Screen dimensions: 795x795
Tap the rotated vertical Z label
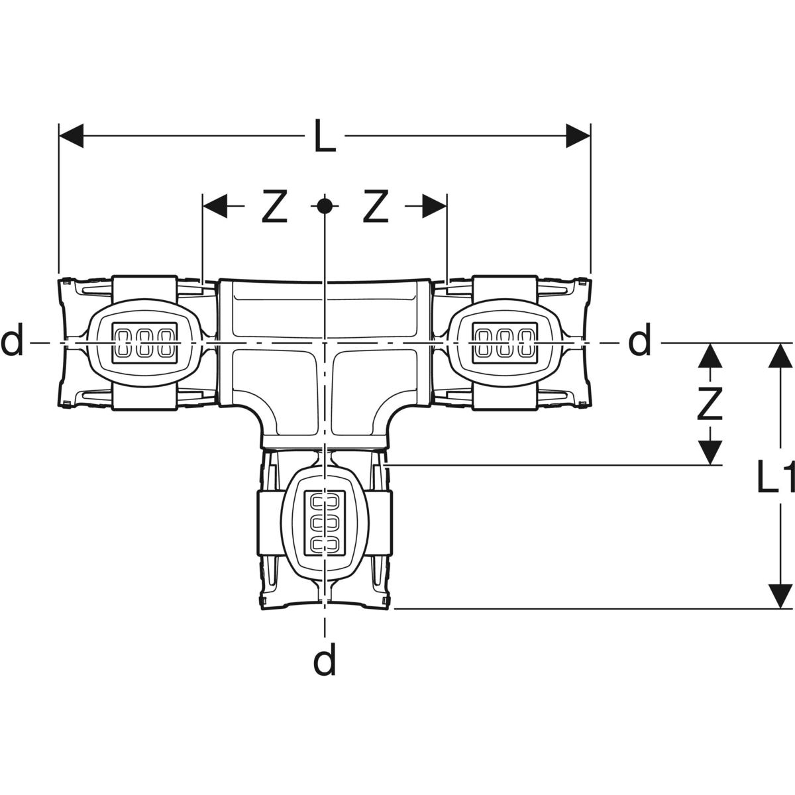click(710, 404)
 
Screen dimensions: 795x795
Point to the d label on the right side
click(639, 342)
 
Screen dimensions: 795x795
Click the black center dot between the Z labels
click(324, 206)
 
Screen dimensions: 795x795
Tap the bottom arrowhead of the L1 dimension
click(780, 596)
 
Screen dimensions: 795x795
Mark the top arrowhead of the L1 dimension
click(780, 356)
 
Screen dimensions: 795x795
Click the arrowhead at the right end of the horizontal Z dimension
click(435, 206)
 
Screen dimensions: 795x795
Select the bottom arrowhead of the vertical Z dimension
click(710, 454)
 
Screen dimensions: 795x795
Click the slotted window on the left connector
click(145, 343)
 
